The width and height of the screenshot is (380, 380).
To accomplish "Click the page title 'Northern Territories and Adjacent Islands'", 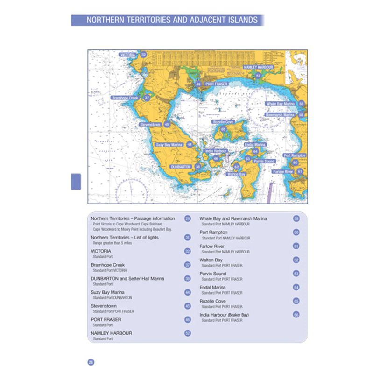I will (171, 21).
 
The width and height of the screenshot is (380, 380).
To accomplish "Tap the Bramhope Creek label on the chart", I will (125, 98).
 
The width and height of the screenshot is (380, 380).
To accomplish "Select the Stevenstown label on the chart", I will (150, 125).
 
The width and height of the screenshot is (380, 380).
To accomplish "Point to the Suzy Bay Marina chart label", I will (169, 145).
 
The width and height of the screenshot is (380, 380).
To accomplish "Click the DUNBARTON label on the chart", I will (181, 167).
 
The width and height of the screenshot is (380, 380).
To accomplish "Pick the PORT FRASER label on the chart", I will (216, 84).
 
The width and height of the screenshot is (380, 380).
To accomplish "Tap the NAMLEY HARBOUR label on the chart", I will (258, 67).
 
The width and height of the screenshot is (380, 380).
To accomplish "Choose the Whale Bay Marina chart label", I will (280, 104).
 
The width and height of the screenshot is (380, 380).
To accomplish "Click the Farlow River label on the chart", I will (283, 172).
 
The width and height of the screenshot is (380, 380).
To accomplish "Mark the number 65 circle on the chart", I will (224, 129).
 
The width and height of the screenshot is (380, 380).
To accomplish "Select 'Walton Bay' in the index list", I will (211, 260).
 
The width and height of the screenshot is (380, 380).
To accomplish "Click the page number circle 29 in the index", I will (188, 218).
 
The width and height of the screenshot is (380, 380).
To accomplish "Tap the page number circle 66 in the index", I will (296, 315).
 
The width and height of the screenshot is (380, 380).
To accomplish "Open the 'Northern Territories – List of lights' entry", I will (125, 238).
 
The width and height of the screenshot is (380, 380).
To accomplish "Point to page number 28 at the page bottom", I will (91, 362).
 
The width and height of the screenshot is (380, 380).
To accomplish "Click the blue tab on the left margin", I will (76, 181).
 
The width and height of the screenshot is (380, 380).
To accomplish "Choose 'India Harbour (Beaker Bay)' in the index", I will (224, 315).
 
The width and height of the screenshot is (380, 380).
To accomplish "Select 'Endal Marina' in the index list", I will (212, 288).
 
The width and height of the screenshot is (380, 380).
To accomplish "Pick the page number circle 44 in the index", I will (188, 293).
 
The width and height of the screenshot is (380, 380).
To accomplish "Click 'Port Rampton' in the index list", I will (213, 232).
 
